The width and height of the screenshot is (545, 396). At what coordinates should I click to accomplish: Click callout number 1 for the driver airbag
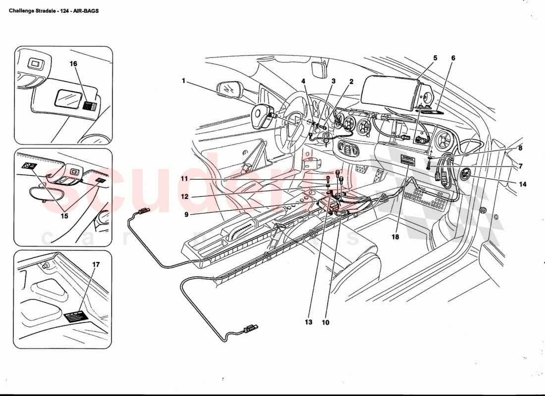click(183, 81)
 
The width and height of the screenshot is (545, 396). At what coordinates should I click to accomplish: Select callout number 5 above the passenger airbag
click(435, 58)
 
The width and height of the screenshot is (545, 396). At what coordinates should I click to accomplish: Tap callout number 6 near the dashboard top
click(453, 58)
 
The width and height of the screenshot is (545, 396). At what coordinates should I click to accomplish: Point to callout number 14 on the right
click(523, 184)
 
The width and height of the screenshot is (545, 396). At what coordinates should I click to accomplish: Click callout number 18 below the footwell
click(395, 237)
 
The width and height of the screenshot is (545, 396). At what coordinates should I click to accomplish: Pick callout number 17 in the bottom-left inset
click(96, 265)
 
